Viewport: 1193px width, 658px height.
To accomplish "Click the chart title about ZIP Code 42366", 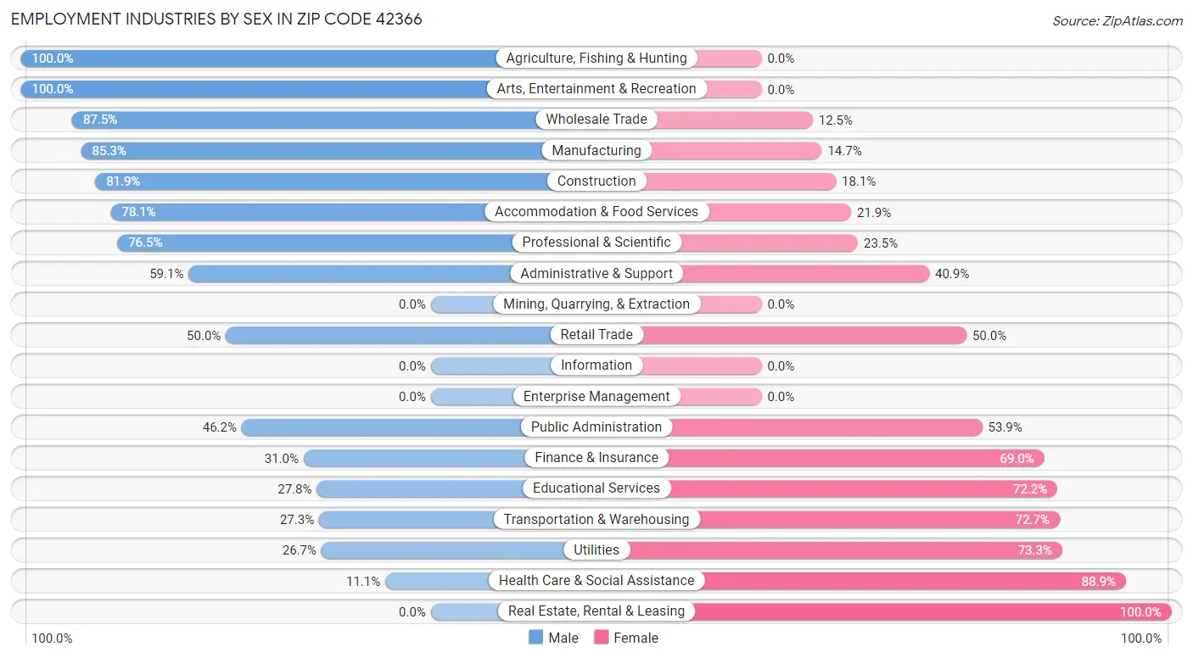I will coord(216,19).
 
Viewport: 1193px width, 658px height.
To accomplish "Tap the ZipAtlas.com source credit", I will coord(1117,20).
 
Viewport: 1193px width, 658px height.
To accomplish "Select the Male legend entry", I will coord(553,638).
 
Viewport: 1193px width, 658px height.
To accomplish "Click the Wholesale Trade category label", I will coord(596,120).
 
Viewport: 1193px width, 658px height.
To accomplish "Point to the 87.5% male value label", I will coord(100,120).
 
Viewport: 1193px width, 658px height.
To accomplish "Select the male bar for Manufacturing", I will coord(314,151).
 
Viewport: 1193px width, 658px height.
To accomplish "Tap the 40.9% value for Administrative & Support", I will coord(952,274).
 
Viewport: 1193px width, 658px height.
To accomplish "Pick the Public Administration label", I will coord(596,427).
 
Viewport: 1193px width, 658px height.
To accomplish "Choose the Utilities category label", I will coord(596,550).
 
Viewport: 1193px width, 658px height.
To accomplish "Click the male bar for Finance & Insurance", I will coord(416,458).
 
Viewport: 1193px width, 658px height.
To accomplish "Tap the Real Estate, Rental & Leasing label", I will coord(596,611).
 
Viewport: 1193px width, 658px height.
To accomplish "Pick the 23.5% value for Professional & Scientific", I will coord(881,243).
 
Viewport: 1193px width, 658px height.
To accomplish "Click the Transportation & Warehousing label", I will coord(596,520).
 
